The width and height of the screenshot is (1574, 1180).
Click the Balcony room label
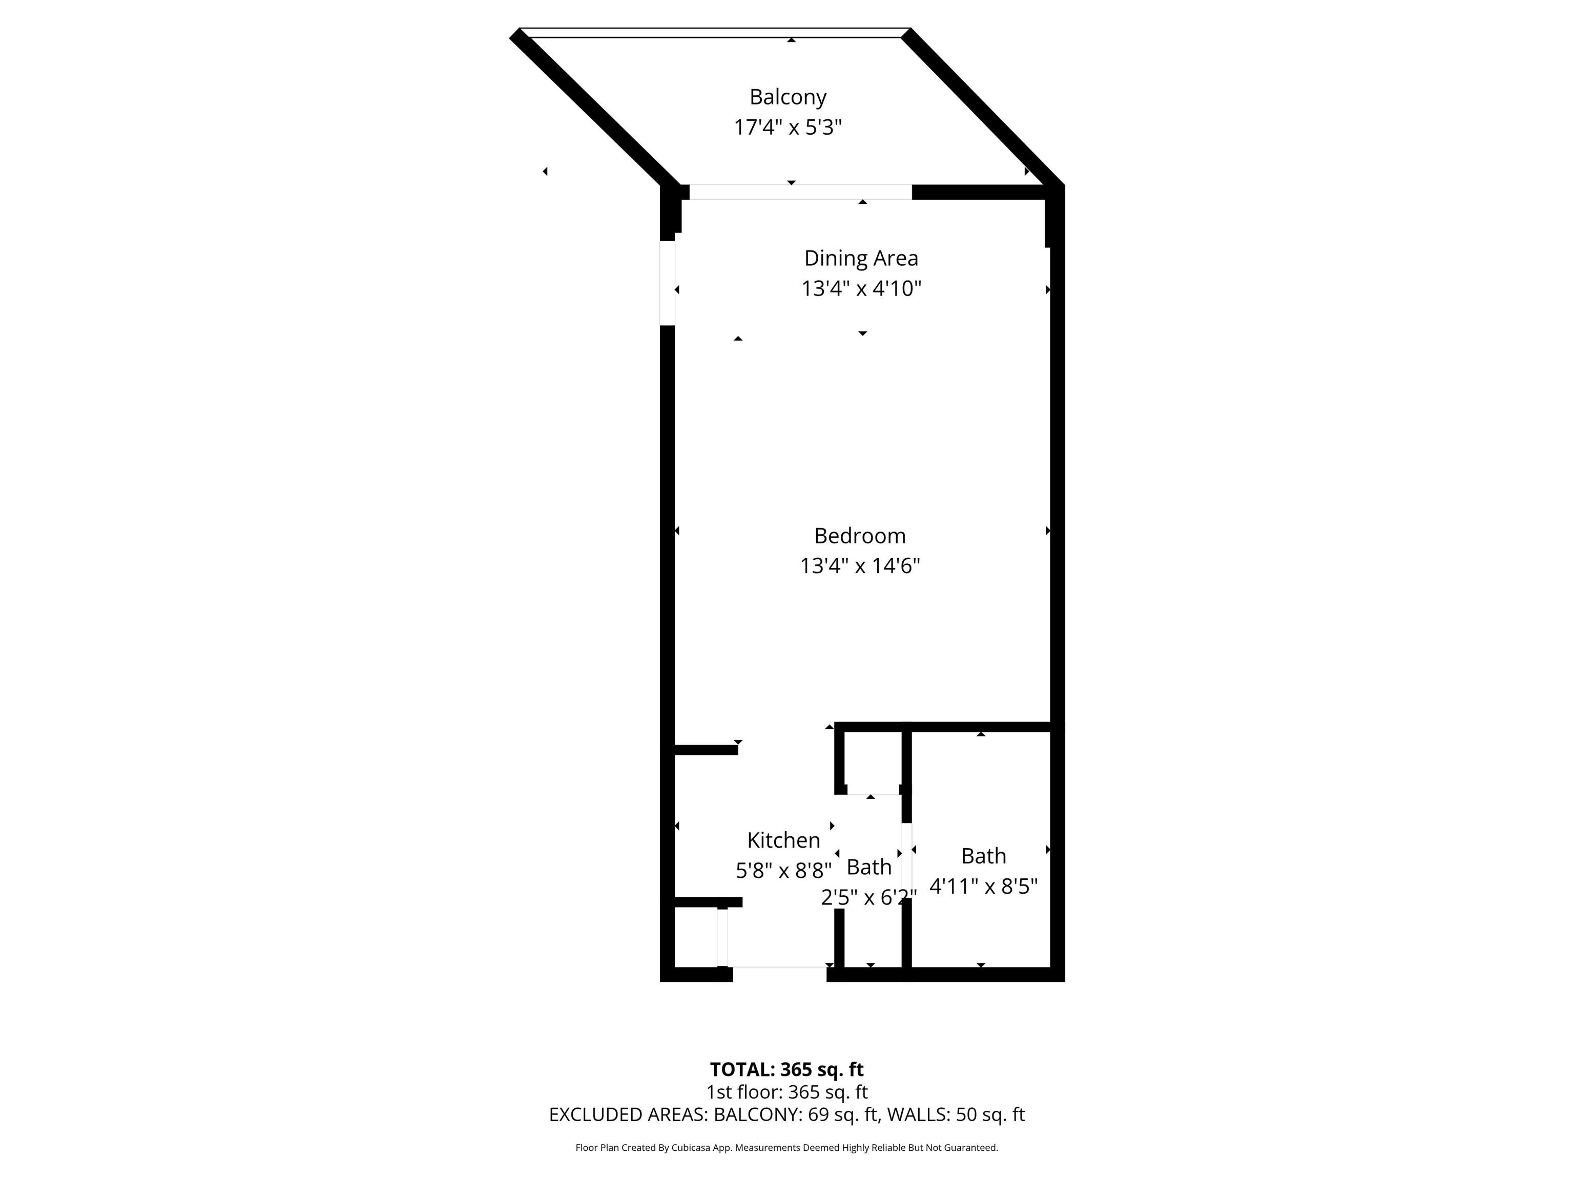(788, 97)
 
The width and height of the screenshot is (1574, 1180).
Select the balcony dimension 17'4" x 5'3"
(788, 128)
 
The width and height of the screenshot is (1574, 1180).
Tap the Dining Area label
(861, 258)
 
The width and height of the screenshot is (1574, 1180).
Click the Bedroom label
(860, 536)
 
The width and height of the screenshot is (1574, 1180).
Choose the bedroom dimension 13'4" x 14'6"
(860, 566)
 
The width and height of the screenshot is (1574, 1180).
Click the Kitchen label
(783, 840)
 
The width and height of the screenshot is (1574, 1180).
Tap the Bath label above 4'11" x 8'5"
(983, 856)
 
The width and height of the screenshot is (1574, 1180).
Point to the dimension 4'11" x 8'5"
(983, 886)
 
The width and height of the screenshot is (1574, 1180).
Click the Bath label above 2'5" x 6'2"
(869, 867)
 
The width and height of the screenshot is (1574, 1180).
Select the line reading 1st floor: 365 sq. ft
(787, 1092)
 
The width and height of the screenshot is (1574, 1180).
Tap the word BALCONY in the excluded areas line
(756, 1114)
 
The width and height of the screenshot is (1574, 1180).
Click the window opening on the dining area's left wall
(668, 283)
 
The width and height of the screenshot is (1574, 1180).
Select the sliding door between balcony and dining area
(800, 192)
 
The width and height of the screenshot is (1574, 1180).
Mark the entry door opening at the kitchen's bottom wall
(779, 974)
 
